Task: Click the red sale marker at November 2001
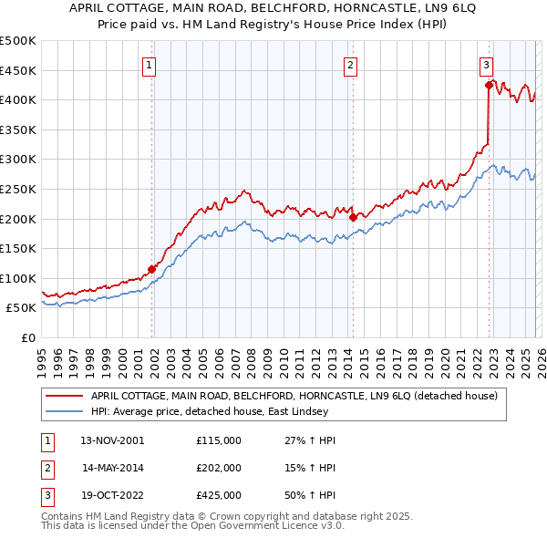(151, 269)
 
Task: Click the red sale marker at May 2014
(353, 218)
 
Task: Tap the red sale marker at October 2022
(489, 85)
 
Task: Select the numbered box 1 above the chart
(148, 65)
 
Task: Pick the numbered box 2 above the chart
(350, 65)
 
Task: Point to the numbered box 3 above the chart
(487, 65)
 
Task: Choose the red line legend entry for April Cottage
(294, 396)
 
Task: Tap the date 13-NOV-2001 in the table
(113, 440)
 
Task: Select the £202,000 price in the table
(219, 468)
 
